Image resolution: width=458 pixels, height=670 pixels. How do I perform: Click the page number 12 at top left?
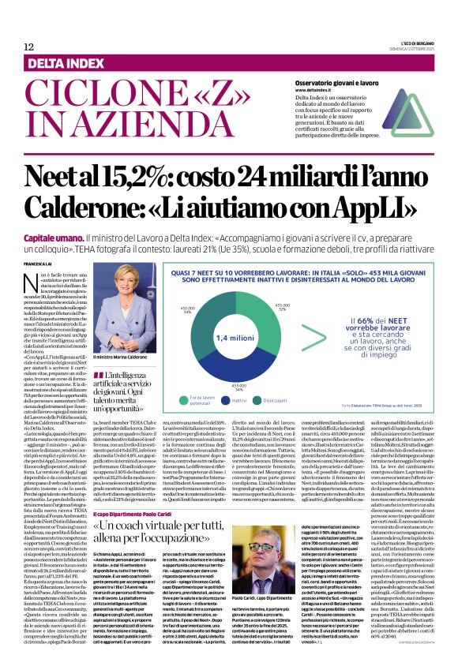(28, 47)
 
